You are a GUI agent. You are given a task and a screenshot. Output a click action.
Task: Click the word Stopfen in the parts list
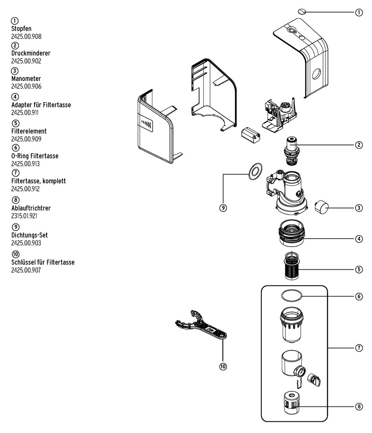click(x=21, y=28)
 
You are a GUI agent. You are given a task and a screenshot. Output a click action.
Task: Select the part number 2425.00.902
click(x=26, y=61)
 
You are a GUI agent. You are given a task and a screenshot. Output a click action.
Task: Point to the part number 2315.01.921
click(x=26, y=216)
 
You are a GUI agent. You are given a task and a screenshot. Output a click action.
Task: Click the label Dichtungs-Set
click(x=30, y=235)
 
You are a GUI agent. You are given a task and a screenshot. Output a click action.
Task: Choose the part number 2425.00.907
click(x=26, y=270)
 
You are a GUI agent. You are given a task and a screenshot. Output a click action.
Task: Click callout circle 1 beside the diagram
click(x=359, y=12)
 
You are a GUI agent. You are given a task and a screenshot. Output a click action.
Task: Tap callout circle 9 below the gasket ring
click(x=223, y=208)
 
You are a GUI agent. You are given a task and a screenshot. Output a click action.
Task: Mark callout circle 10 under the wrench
click(x=223, y=366)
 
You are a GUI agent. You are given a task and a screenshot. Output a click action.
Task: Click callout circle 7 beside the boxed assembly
click(x=359, y=348)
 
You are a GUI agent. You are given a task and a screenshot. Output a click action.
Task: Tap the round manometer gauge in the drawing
click(x=321, y=207)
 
